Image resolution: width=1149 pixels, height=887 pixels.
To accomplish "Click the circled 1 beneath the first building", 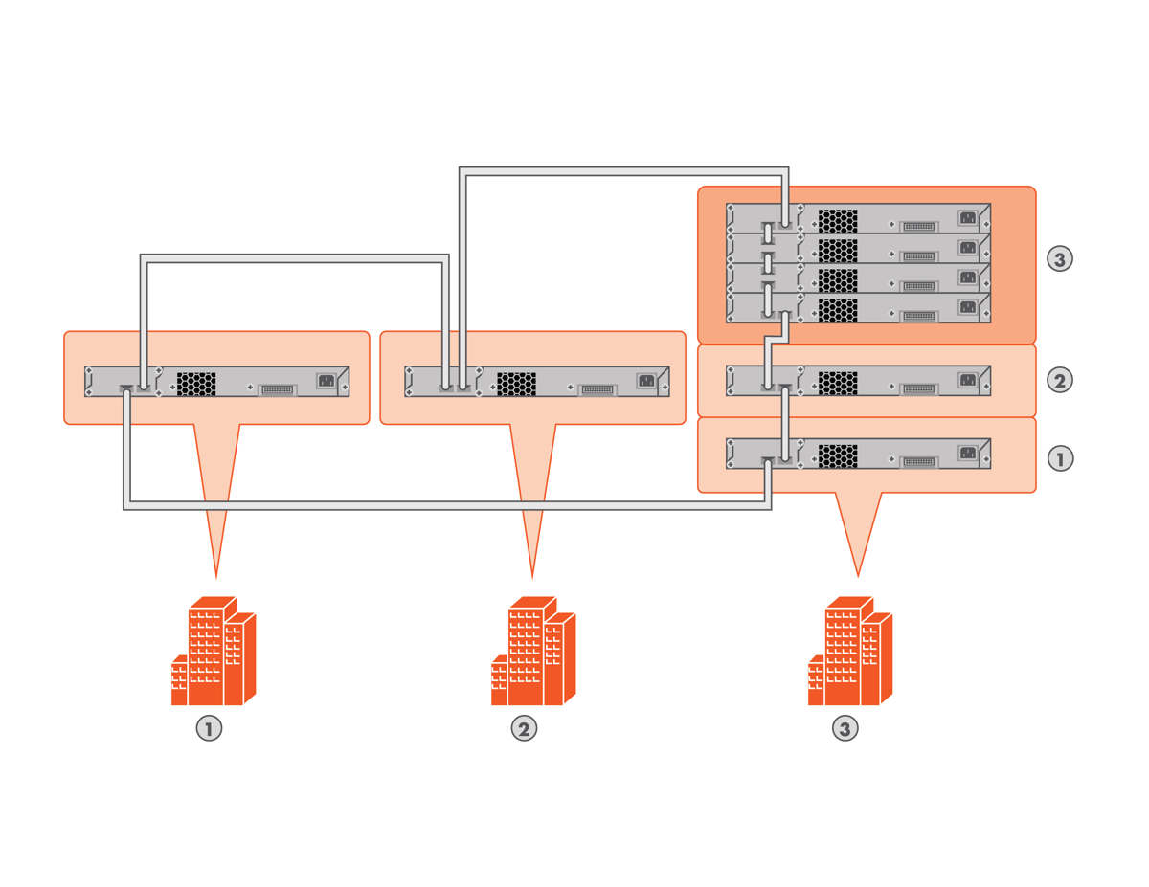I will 209,729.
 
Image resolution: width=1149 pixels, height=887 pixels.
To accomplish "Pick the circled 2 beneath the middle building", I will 523,729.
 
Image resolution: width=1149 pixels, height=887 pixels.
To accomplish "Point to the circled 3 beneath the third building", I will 844,729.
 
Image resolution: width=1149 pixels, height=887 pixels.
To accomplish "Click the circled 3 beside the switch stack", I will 1059,258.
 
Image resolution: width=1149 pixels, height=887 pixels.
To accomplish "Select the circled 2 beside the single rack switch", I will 1059,380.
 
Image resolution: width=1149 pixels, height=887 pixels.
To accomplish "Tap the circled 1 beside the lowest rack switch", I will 1059,458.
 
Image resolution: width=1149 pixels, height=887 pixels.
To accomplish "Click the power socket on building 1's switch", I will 326,380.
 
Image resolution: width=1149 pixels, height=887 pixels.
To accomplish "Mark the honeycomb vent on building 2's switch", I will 516,383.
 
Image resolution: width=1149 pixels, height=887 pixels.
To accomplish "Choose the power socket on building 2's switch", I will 646,380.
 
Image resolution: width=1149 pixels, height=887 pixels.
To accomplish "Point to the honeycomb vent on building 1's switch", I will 196,383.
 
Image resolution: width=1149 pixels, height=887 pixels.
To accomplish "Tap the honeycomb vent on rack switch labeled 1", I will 838,455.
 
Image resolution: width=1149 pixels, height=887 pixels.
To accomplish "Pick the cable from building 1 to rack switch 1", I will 431,505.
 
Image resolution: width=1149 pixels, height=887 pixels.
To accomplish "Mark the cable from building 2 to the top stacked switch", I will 622,172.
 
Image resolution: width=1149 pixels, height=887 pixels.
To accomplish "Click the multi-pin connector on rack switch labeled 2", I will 918,388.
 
